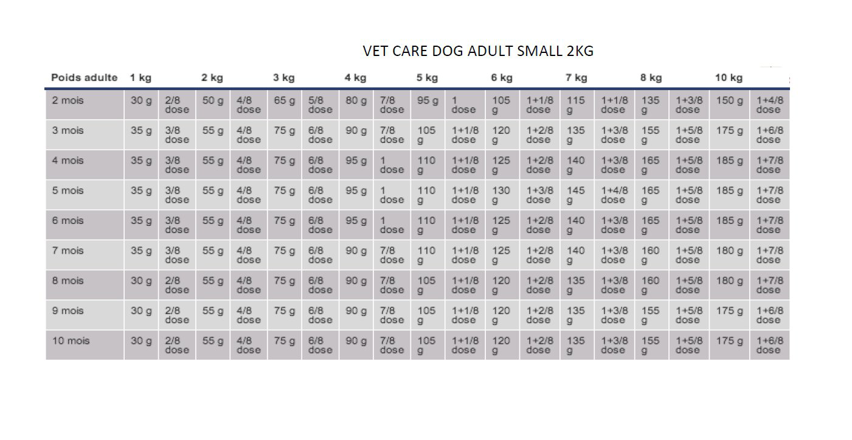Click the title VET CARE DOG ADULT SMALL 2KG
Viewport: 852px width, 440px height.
478,51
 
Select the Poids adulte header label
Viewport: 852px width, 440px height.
85,78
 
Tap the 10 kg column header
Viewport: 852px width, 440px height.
728,78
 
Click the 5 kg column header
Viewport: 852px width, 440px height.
427,78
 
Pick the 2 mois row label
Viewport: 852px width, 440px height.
68,100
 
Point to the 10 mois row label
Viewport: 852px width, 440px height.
71,341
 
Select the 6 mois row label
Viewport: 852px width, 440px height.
68,220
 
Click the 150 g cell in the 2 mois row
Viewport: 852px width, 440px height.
729,100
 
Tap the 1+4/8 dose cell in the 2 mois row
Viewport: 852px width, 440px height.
769,105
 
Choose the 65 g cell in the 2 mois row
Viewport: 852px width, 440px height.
284,100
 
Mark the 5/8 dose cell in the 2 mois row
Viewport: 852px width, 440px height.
320,105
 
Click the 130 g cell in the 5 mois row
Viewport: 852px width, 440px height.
501,195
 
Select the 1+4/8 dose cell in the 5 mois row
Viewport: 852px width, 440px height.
614,195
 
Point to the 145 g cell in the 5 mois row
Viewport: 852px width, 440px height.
575,195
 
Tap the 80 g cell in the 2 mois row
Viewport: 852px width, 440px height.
356,100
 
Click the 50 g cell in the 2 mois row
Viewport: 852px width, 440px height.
212,100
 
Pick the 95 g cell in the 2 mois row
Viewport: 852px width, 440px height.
427,100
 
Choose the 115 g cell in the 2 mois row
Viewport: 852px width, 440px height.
575,105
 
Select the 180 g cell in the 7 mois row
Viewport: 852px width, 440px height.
729,251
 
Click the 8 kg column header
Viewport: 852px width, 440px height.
651,78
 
